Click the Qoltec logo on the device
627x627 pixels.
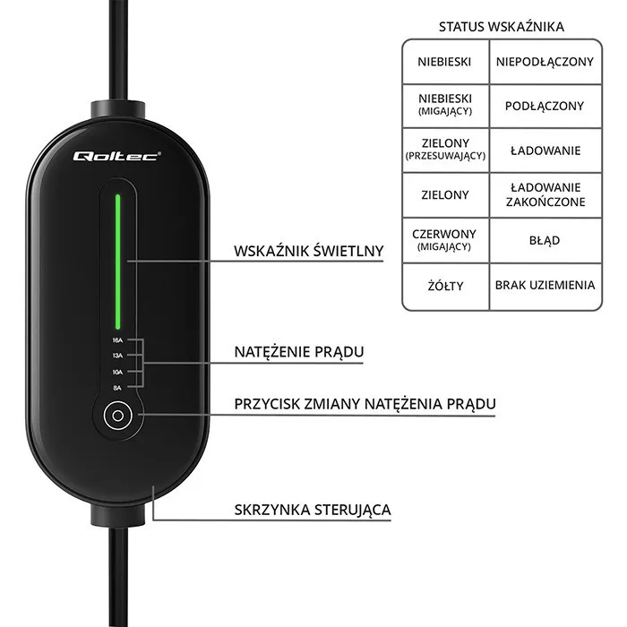(x=116, y=155)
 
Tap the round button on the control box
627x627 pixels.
(x=116, y=416)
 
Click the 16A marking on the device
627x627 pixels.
(x=117, y=341)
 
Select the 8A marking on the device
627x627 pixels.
(x=117, y=387)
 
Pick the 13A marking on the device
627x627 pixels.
(x=117, y=356)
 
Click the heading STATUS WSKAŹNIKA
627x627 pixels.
(x=501, y=27)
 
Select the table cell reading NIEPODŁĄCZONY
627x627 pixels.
(x=545, y=62)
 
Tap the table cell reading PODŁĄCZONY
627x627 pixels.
(x=545, y=106)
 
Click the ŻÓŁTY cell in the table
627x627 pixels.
(x=445, y=286)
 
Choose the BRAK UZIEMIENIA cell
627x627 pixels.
(x=545, y=286)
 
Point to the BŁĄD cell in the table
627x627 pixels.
(x=545, y=240)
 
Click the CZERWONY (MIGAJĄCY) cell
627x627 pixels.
(x=445, y=240)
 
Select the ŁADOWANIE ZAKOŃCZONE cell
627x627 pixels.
(x=545, y=194)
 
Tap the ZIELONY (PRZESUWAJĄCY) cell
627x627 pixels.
(x=445, y=149)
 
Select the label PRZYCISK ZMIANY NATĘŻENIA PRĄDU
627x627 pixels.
(x=365, y=404)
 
